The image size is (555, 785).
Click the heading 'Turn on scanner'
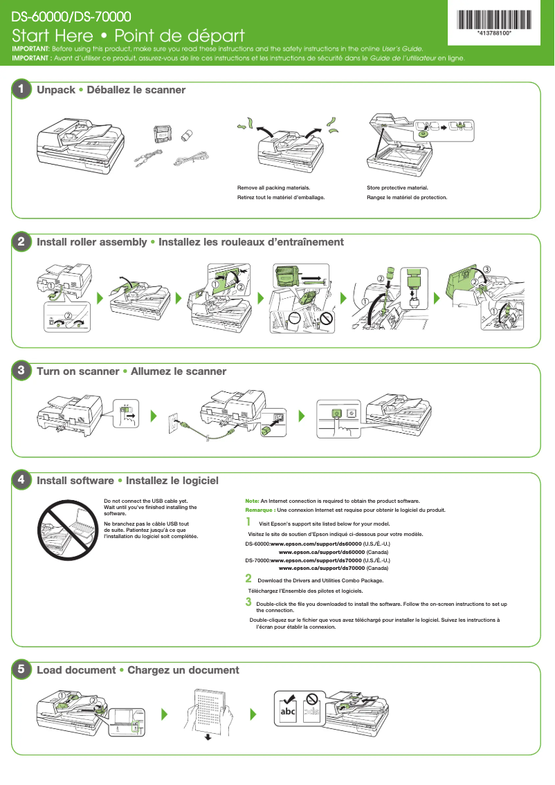[x=78, y=371]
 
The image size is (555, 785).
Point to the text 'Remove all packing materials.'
[x=273, y=187]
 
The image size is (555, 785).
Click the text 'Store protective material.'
[x=397, y=187]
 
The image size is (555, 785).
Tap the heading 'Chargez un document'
[x=183, y=670]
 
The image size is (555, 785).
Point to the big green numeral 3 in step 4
[x=248, y=602]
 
